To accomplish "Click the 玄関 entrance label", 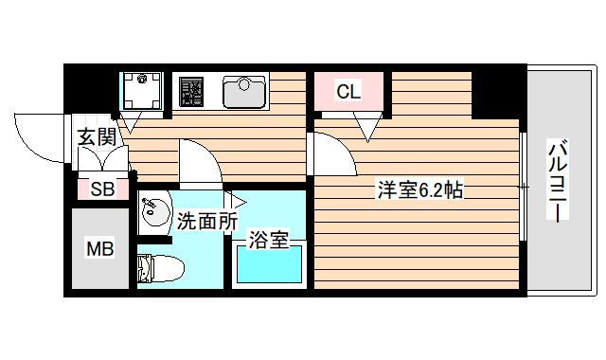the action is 97,138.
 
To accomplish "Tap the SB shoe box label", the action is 102,189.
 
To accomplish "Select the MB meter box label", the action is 100,250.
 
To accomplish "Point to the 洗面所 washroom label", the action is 206,222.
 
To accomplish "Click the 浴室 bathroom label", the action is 268,240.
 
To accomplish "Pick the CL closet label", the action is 348,92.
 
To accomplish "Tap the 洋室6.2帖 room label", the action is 419,189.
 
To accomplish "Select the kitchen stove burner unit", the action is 192,92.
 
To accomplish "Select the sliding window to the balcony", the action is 524,186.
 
